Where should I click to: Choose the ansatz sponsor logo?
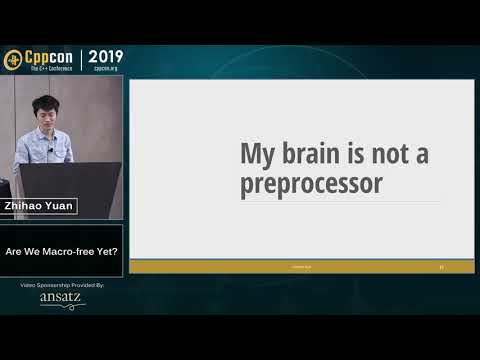point(62,299)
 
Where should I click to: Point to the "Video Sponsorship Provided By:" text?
point(62,285)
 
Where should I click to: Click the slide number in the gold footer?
point(441,267)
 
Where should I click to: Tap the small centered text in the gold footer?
point(301,267)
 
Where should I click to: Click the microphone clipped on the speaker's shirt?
point(50,150)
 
